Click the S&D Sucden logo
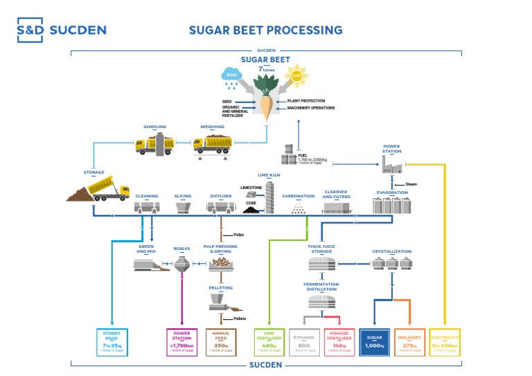click(62, 30)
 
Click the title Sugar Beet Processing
click(265, 30)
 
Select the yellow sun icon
click(296, 75)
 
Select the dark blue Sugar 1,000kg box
click(375, 342)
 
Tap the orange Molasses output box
click(409, 342)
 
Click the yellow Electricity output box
click(444, 342)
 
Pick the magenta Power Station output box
click(182, 342)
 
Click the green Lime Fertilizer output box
click(268, 342)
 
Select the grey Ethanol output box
click(305, 342)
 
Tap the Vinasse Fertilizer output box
click(339, 342)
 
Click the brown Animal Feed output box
click(221, 342)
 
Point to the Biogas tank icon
click(181, 264)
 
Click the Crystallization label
click(391, 251)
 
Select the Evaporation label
click(392, 193)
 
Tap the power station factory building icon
click(392, 163)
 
